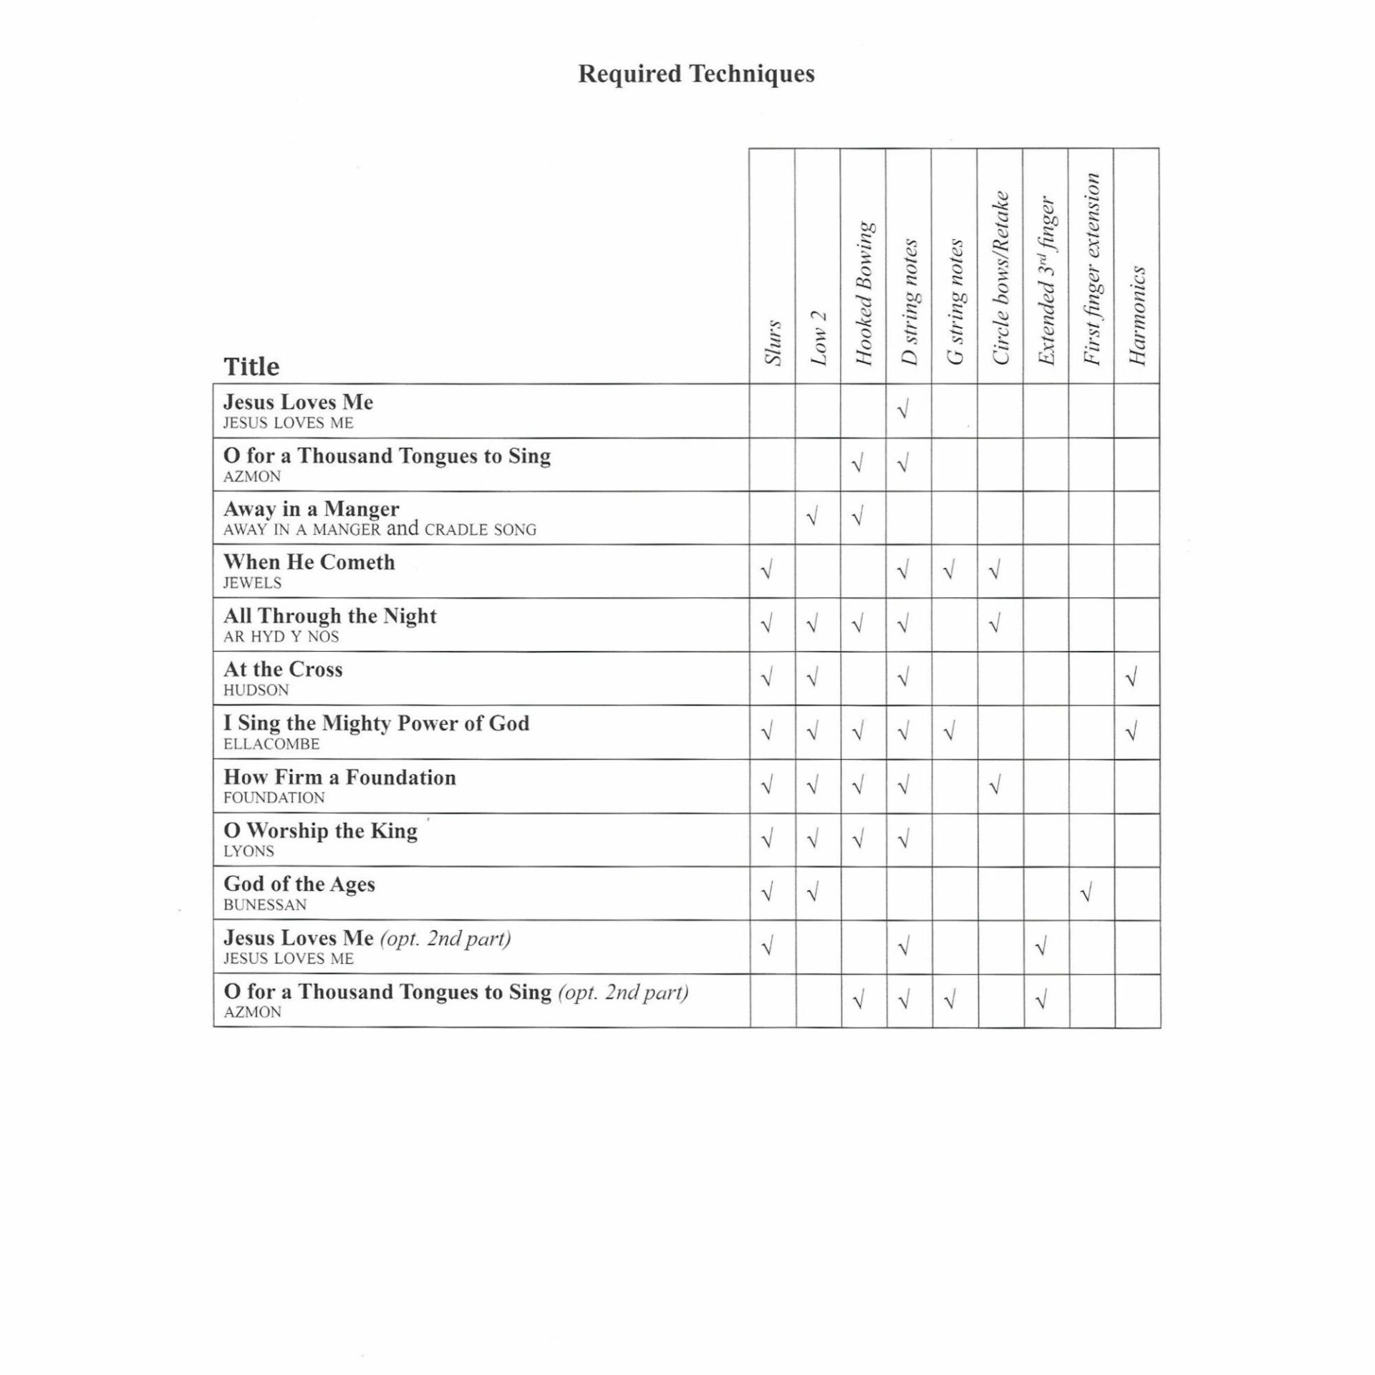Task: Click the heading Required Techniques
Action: tap(696, 74)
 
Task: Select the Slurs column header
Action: tap(773, 342)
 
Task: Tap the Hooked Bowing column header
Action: tap(864, 294)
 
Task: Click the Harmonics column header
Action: tap(1137, 316)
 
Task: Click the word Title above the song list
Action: tap(251, 367)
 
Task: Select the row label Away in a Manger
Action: tap(312, 509)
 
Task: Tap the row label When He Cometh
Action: tap(309, 562)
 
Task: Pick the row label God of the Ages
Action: tap(299, 884)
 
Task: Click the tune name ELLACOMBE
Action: tap(271, 744)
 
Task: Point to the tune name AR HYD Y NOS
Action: tap(281, 637)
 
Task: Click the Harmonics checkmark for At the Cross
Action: tap(1132, 677)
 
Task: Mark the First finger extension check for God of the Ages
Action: tap(1086, 893)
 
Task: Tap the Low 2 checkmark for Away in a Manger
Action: tap(812, 516)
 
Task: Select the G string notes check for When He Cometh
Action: tap(950, 571)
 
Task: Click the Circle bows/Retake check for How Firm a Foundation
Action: tap(995, 786)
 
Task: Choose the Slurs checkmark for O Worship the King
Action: tap(767, 839)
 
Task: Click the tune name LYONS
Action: tap(249, 851)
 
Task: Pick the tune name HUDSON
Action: tap(256, 690)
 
